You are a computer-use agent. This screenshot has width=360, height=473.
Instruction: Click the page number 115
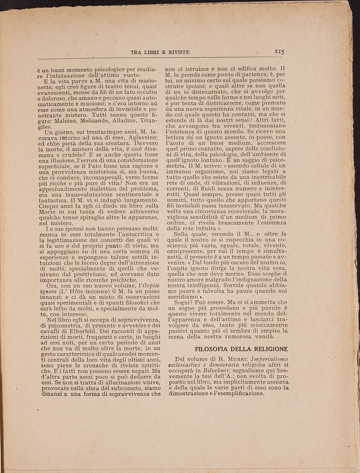click(280, 51)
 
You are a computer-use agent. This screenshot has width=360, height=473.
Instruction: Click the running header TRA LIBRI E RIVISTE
click(160, 52)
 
